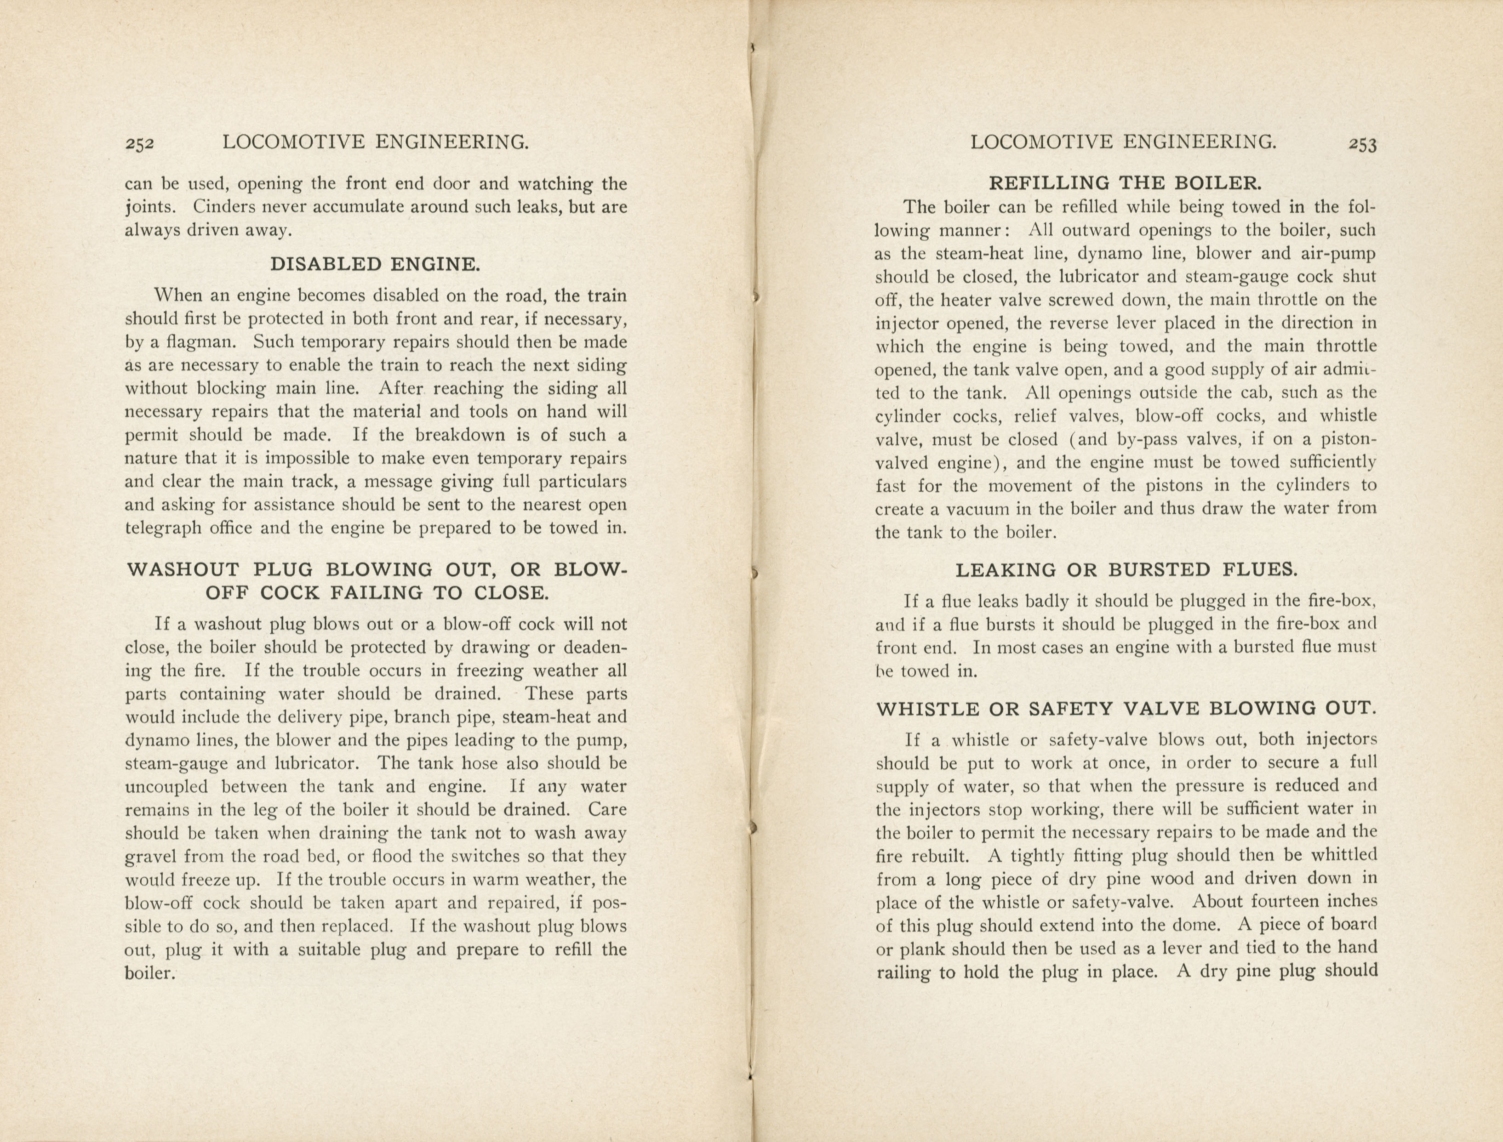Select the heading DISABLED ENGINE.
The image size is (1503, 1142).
point(375,264)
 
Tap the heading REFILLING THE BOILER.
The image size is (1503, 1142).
point(1125,183)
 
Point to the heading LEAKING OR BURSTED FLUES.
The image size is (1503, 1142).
point(1126,570)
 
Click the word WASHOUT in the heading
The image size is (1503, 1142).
point(183,570)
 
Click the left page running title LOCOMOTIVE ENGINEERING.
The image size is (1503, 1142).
point(376,142)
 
